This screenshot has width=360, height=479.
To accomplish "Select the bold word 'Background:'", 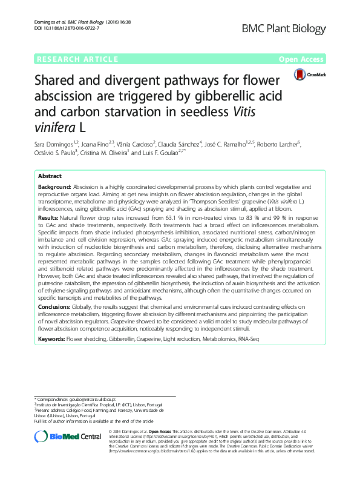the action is [x=54, y=188].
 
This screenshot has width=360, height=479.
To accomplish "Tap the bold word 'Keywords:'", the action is [x=51, y=340].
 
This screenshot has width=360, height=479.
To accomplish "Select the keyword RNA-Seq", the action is [x=247, y=340].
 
